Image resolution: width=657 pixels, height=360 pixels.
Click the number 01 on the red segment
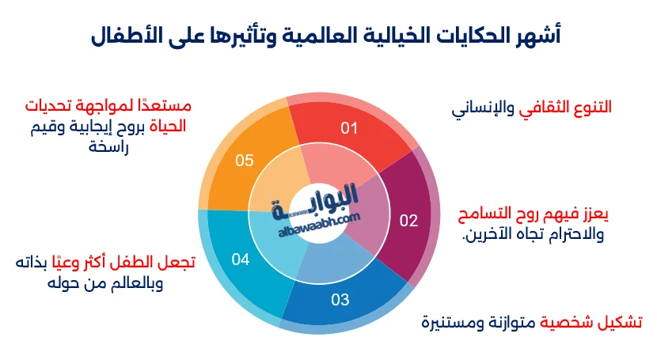[x=350, y=127]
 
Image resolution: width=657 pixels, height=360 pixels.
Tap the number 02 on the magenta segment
[x=408, y=221]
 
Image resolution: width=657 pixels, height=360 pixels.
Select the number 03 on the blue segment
[x=340, y=300]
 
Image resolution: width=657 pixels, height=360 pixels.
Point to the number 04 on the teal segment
[x=241, y=259]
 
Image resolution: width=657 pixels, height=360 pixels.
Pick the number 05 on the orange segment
[x=245, y=161]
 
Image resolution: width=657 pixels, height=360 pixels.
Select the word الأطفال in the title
[x=129, y=35]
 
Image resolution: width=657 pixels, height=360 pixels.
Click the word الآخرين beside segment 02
[x=485, y=235]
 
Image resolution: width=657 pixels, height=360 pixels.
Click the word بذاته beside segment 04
[x=33, y=263]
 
